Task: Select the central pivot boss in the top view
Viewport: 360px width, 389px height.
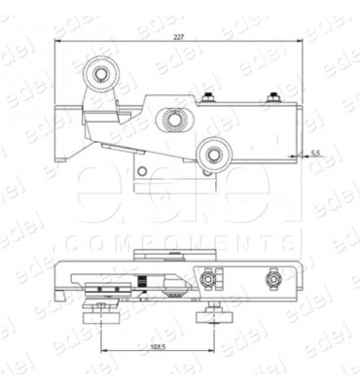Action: (x=173, y=120)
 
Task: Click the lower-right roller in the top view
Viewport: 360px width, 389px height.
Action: (x=215, y=152)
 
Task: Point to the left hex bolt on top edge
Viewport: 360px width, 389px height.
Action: (x=209, y=95)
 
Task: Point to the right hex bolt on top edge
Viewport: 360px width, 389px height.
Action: (x=275, y=95)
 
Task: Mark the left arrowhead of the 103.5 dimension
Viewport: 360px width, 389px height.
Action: (x=103, y=350)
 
